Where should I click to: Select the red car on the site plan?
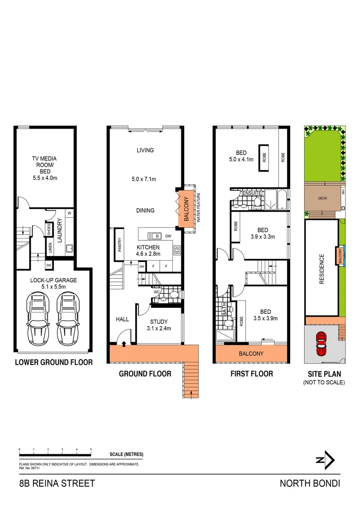pos(321,344)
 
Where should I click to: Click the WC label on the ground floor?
pos(156,292)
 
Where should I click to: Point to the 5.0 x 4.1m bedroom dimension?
pos(241,159)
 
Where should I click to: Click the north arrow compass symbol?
pos(326,460)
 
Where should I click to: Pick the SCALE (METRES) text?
pos(126,454)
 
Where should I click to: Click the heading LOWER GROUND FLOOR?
pos(53,362)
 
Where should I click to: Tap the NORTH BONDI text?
pos(310,483)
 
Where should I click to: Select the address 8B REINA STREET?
pos(57,483)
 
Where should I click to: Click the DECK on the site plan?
pos(322,198)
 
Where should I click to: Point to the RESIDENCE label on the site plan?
pos(322,269)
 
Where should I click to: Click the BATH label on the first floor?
pos(225,311)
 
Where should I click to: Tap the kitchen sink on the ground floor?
pos(154,236)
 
